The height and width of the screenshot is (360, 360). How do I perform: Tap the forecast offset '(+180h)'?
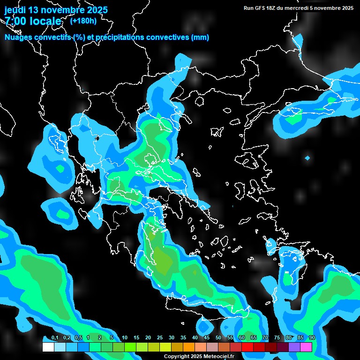tap(83, 21)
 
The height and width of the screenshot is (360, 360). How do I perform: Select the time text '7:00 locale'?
tap(33, 21)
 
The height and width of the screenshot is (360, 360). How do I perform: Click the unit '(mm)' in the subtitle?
tap(200, 37)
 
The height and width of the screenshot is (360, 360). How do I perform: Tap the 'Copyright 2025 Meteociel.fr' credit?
tap(199, 356)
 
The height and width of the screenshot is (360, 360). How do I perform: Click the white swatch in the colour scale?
tap(48, 347)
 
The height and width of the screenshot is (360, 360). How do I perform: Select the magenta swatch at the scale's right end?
tap(306, 347)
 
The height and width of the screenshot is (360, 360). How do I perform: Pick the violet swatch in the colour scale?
tap(294, 347)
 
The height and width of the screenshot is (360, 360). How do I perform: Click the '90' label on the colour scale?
tap(312, 338)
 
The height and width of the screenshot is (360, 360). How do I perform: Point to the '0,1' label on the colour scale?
tap(54, 338)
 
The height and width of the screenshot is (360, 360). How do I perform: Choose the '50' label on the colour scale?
tap(218, 338)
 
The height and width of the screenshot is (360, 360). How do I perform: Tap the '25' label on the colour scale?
tap(160, 338)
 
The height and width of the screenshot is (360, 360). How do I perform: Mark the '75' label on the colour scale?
tap(277, 338)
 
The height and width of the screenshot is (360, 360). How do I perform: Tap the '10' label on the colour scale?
tap(125, 338)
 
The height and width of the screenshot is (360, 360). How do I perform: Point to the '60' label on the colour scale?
tap(242, 338)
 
